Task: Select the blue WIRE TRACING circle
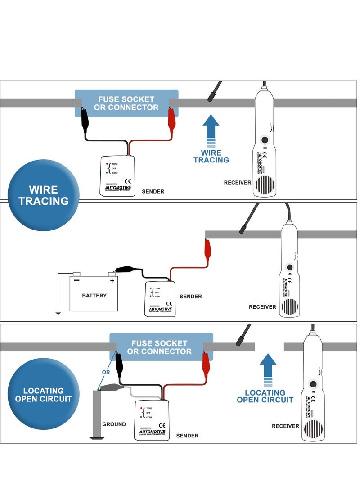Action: click(x=44, y=195)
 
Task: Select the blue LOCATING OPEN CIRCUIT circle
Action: click(x=44, y=394)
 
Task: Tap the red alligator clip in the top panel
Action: click(x=171, y=119)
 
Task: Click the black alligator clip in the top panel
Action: click(x=84, y=119)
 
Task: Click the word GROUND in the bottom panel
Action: click(x=114, y=424)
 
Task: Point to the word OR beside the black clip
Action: click(x=106, y=372)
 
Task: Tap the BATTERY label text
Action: click(x=94, y=296)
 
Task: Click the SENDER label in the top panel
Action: click(x=153, y=192)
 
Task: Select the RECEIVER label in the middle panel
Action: click(x=262, y=307)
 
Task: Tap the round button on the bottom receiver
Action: click(x=313, y=385)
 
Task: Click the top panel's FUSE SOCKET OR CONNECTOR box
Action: click(x=126, y=104)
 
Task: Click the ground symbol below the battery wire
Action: click(x=58, y=313)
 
